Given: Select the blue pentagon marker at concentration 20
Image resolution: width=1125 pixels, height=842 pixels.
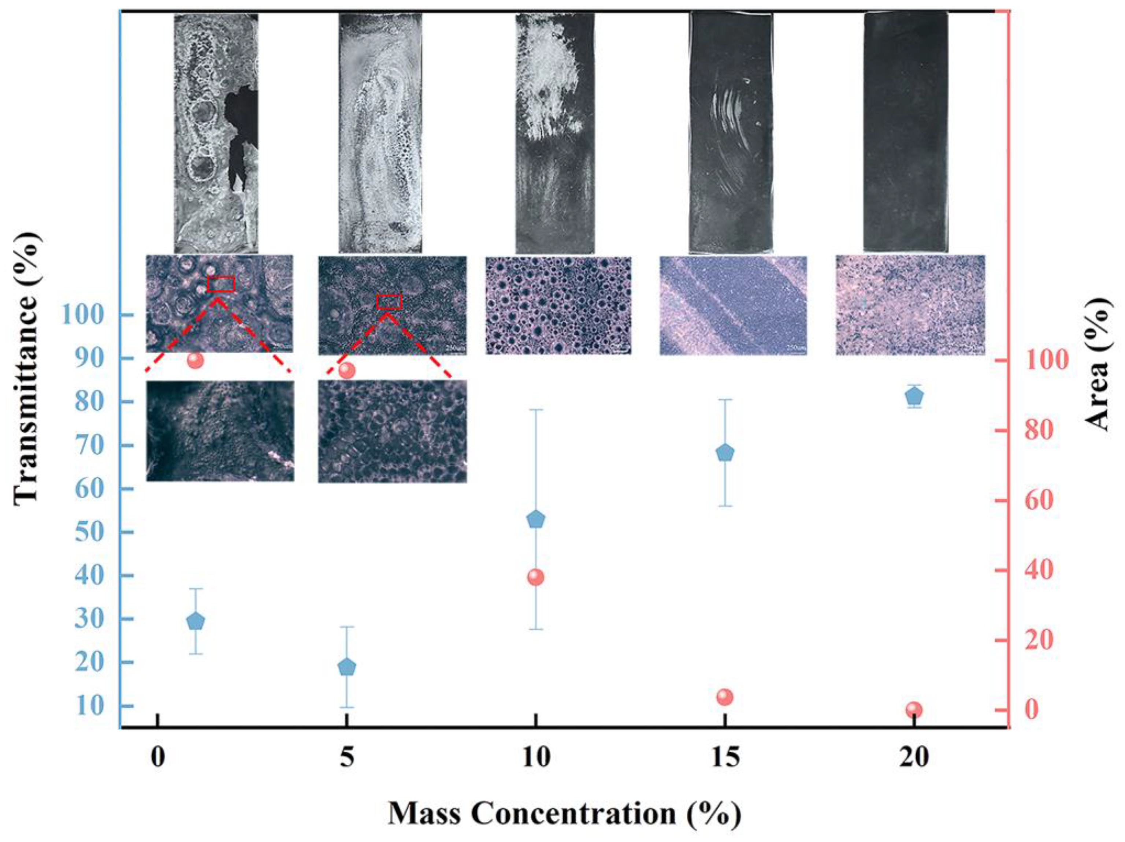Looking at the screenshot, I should tap(914, 396).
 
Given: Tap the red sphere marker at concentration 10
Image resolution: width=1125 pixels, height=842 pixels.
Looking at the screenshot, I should tap(535, 577).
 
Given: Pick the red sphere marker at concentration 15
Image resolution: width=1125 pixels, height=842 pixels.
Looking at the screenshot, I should tap(725, 697).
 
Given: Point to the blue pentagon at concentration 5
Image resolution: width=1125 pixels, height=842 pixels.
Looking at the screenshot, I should tap(347, 667).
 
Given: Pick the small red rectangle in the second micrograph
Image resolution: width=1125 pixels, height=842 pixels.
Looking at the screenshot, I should tap(389, 302).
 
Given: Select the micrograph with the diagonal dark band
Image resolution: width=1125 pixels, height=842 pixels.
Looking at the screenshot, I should tap(733, 305).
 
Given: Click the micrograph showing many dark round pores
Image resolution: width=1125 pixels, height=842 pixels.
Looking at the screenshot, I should tap(558, 305).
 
